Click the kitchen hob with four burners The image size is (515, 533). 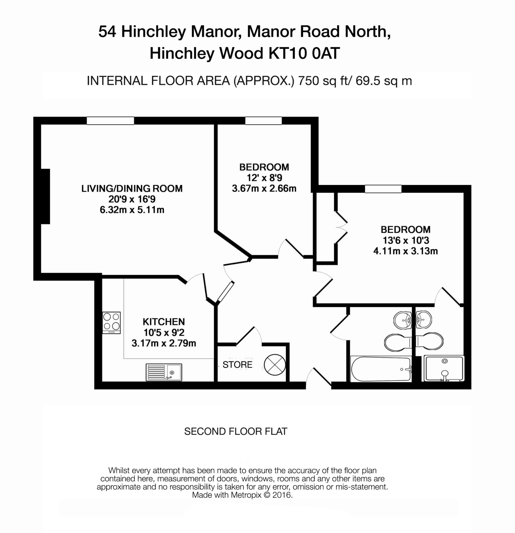(x=111, y=322)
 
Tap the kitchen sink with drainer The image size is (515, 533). (x=164, y=372)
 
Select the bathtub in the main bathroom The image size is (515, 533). (x=381, y=369)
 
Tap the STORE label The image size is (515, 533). (x=237, y=365)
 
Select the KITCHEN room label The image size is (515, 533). (x=164, y=322)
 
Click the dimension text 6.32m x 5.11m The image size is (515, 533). (x=132, y=210)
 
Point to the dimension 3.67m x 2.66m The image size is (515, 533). (x=264, y=188)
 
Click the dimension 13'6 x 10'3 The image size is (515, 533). (x=405, y=240)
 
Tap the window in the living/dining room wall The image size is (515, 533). (x=110, y=121)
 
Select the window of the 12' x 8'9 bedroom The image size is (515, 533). (x=263, y=121)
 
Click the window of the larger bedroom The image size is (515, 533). (x=383, y=189)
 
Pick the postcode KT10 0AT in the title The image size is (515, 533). (x=304, y=53)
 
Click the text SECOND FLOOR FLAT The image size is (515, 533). (x=236, y=431)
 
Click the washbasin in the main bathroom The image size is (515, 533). (x=403, y=320)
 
